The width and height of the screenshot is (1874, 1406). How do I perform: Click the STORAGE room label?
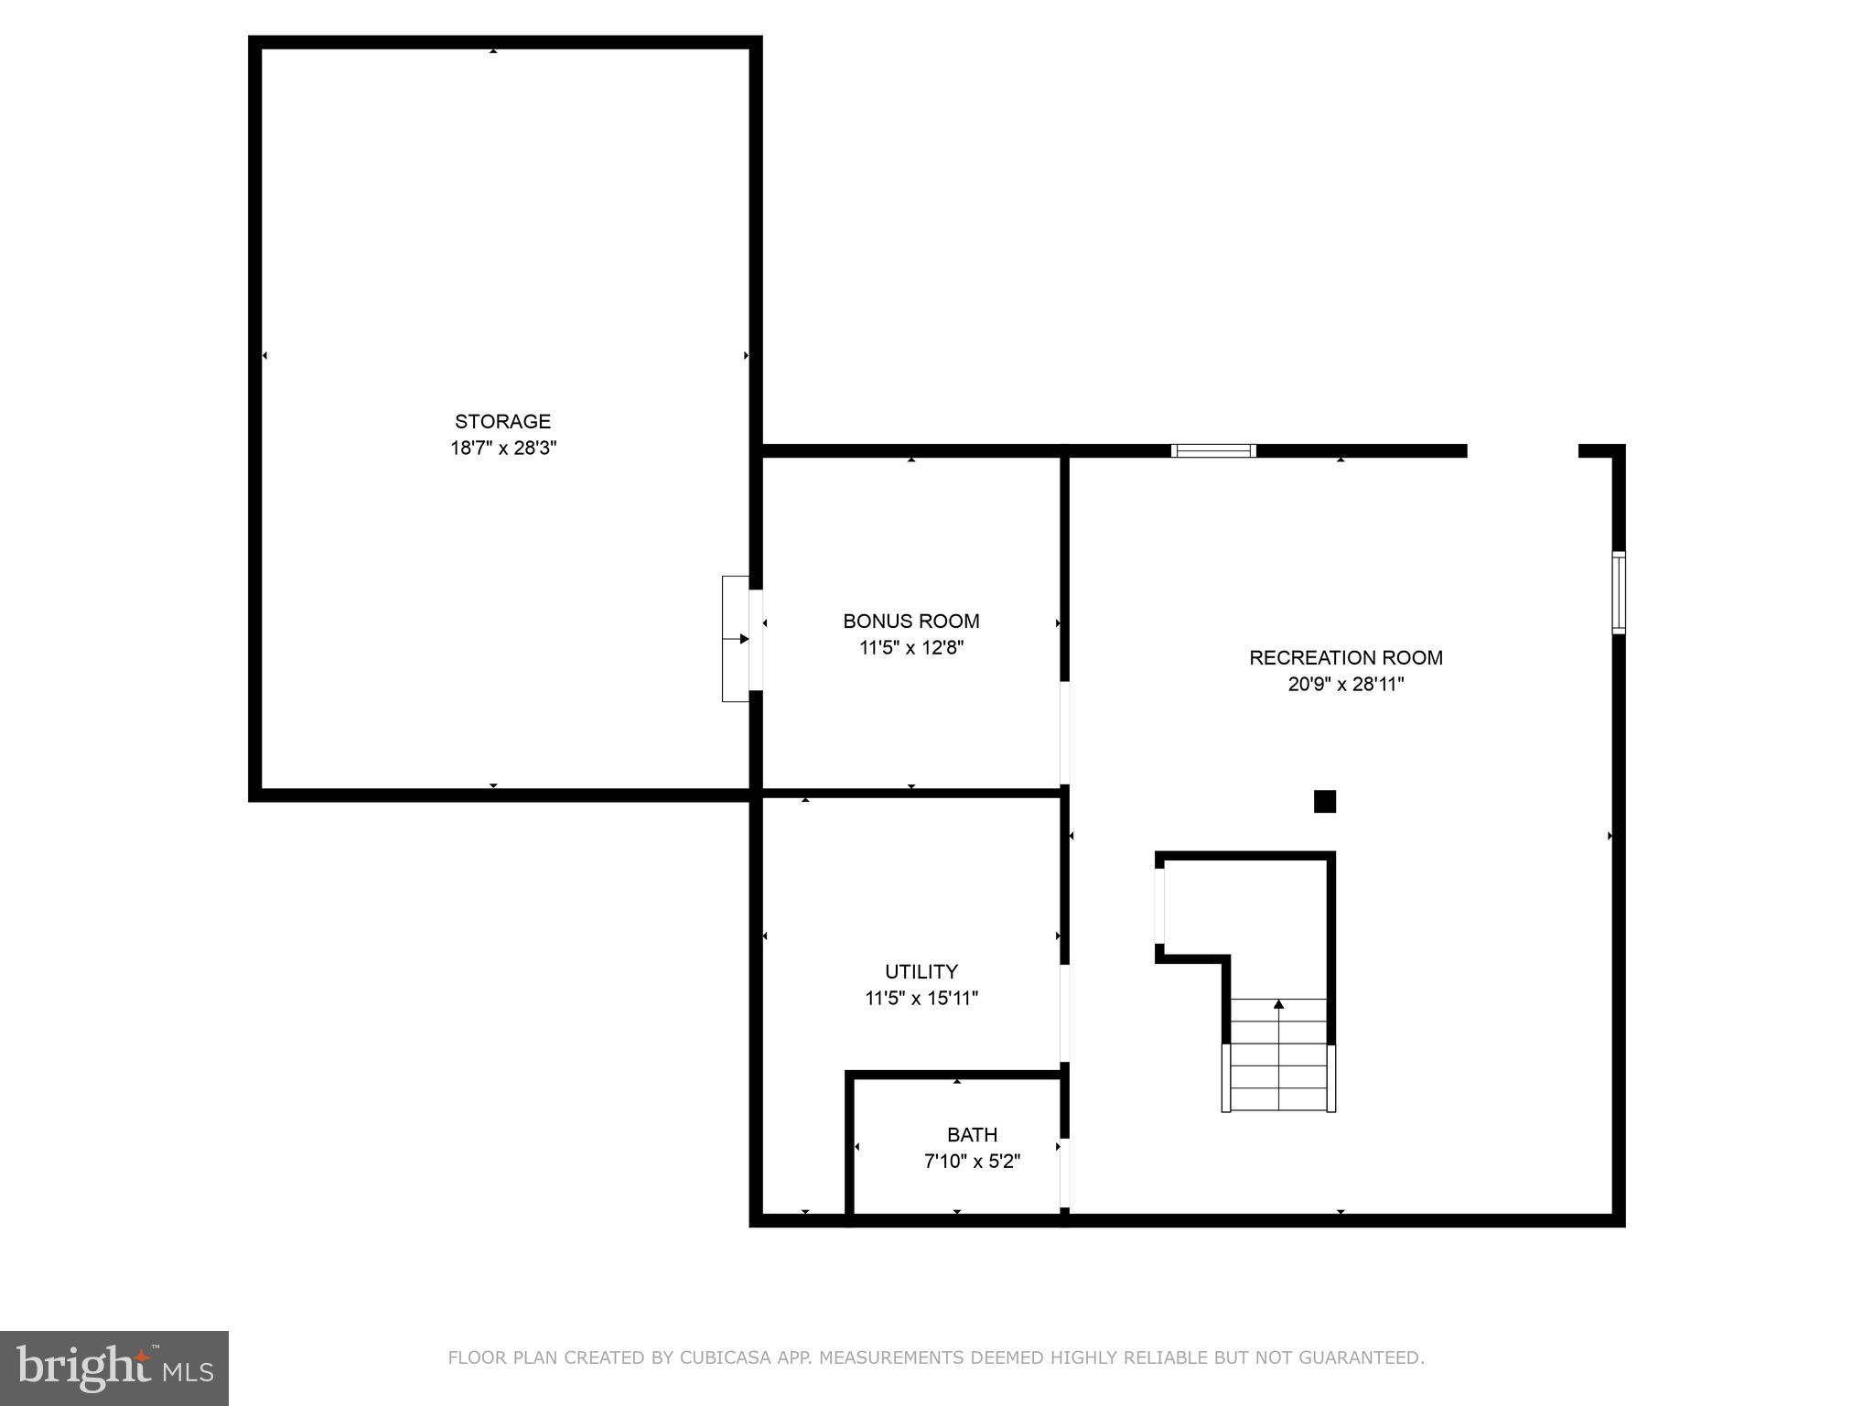(502, 422)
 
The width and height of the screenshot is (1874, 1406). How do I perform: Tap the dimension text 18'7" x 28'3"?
(502, 449)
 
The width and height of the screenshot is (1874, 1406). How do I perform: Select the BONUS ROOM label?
(910, 622)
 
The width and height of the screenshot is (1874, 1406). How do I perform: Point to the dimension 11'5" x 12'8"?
(910, 648)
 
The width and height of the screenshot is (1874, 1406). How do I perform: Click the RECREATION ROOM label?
(1345, 657)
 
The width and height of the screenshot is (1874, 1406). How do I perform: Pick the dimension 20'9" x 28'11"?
(1345, 685)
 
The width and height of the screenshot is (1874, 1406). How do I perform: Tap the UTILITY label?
(921, 971)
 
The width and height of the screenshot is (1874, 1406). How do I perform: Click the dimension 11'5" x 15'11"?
(921, 999)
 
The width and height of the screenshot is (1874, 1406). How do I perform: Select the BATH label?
(972, 1135)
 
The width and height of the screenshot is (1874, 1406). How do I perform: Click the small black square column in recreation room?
(1324, 802)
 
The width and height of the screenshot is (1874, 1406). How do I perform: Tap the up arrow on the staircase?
(1278, 1005)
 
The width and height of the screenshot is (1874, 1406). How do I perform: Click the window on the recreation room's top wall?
(1213, 450)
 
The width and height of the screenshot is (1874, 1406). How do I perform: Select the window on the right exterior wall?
(1618, 592)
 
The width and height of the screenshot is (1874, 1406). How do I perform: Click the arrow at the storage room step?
(742, 639)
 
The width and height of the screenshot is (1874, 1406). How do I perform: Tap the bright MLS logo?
(113, 1368)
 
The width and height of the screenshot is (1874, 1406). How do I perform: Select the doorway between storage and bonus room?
(756, 640)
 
